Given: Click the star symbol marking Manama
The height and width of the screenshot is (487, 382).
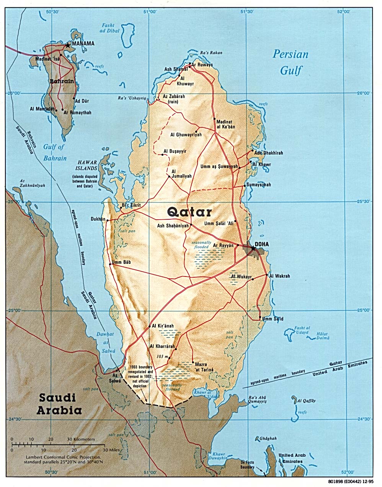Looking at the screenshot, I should (x=68, y=45).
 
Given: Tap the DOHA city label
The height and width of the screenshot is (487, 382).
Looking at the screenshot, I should (x=262, y=244).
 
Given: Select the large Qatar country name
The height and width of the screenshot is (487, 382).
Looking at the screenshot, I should (x=189, y=212).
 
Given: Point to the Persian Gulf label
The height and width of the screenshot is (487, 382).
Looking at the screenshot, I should (x=291, y=62).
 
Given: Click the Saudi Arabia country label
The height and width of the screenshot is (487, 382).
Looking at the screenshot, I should (x=59, y=404).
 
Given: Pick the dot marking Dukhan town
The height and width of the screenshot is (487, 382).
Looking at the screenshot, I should (x=108, y=220).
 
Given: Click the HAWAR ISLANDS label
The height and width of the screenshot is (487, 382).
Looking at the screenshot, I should (x=85, y=165).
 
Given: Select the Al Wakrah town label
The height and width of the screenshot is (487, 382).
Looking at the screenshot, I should (x=279, y=276).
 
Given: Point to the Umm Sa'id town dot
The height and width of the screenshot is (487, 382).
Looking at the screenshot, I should (x=260, y=317).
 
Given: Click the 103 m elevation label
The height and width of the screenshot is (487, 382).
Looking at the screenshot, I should (x=162, y=357).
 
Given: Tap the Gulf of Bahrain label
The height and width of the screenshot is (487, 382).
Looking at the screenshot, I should (x=55, y=152).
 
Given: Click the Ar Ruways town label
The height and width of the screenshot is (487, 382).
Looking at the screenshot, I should (x=202, y=65).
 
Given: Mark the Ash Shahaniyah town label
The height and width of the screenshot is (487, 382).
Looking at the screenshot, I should (x=173, y=226).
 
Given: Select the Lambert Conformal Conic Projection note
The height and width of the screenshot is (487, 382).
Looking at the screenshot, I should (x=64, y=459).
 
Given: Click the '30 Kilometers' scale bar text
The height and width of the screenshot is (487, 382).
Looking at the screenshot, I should (x=81, y=439).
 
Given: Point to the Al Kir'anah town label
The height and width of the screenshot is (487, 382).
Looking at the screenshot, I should (x=163, y=326).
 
